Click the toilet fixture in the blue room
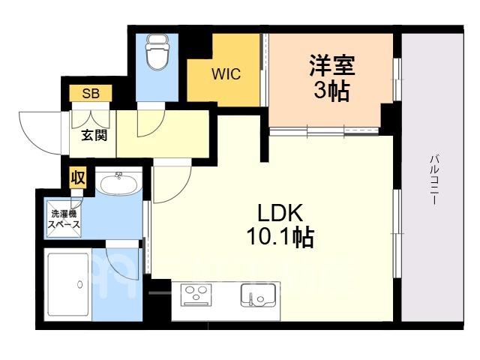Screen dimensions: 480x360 [x=157, y=52]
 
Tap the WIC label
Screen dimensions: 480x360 [x=226, y=74]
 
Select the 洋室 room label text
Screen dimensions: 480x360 [x=332, y=65]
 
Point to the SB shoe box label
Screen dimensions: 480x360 [x=91, y=93]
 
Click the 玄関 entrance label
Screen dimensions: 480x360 [x=94, y=135]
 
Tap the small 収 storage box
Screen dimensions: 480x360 [x=78, y=177]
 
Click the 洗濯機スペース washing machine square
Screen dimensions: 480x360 [x=64, y=218]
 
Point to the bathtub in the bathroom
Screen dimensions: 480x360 [x=67, y=284]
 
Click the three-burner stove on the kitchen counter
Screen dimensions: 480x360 [x=195, y=295]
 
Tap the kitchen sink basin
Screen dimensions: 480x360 [x=258, y=295]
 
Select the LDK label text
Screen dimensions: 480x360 [x=280, y=213]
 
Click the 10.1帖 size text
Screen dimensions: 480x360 [x=280, y=237]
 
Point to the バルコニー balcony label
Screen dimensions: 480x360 [x=435, y=180]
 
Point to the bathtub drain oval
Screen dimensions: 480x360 [x=80, y=285]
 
